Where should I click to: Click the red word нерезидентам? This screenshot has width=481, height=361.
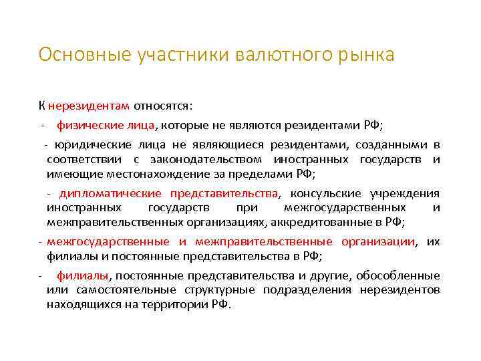click(x=89, y=106)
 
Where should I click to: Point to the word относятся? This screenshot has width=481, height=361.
click(x=163, y=106)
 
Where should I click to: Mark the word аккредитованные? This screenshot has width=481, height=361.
click(x=320, y=222)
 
